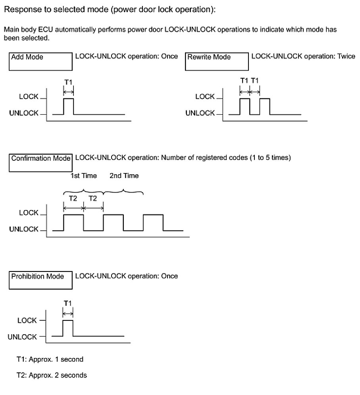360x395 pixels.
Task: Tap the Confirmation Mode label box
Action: click(40, 162)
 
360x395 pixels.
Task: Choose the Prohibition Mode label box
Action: click(40, 280)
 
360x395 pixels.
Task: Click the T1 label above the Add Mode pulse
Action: click(68, 82)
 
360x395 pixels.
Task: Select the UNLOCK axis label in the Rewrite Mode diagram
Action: click(200, 113)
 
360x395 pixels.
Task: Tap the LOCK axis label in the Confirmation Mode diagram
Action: click(29, 213)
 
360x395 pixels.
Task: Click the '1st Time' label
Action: click(83, 175)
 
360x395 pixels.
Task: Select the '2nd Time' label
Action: click(124, 175)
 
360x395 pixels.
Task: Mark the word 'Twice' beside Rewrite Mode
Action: click(346, 56)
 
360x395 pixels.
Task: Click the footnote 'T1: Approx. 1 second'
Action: click(50, 359)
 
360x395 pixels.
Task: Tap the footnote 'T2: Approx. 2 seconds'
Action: click(51, 375)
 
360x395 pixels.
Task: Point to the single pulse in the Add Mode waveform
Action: click(68, 106)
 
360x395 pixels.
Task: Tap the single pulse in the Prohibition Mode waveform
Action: click(68, 328)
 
